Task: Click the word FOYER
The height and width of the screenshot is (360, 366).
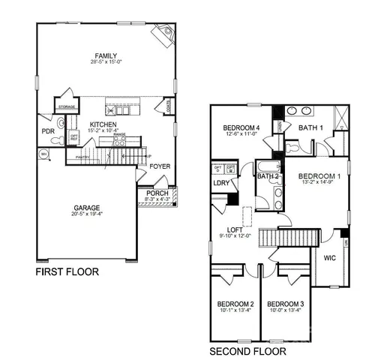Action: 159,166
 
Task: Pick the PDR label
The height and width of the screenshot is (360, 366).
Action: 49,130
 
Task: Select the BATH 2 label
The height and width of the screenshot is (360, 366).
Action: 268,177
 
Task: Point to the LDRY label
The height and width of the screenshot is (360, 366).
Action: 221,183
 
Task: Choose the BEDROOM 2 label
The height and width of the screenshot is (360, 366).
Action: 235,304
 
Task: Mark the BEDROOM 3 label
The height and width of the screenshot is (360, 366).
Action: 286,304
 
